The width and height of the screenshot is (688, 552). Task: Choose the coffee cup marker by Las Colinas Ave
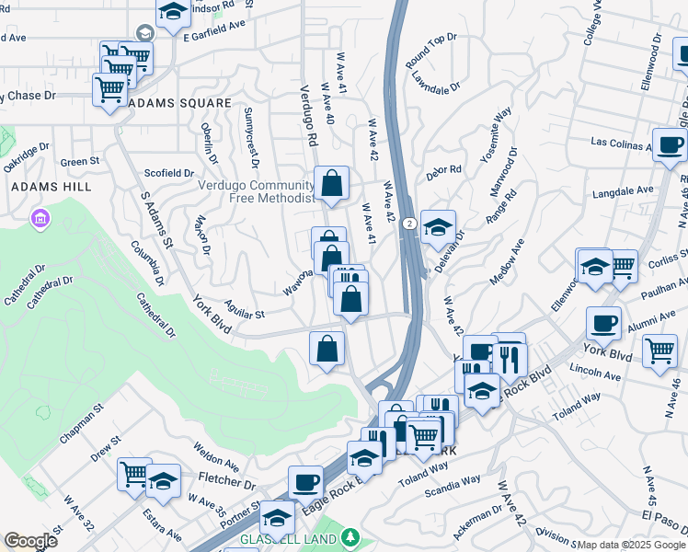(x=670, y=144)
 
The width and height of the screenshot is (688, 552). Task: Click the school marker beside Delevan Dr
(x=439, y=226)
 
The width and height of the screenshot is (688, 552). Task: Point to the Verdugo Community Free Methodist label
(x=257, y=191)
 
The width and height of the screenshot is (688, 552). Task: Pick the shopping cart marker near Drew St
(x=134, y=474)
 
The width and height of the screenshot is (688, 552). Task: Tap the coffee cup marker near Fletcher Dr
(x=305, y=481)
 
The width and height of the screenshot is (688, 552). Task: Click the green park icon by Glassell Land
(x=350, y=537)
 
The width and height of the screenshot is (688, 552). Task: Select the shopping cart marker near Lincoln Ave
(x=659, y=349)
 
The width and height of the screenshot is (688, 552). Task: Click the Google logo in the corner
(x=30, y=541)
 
